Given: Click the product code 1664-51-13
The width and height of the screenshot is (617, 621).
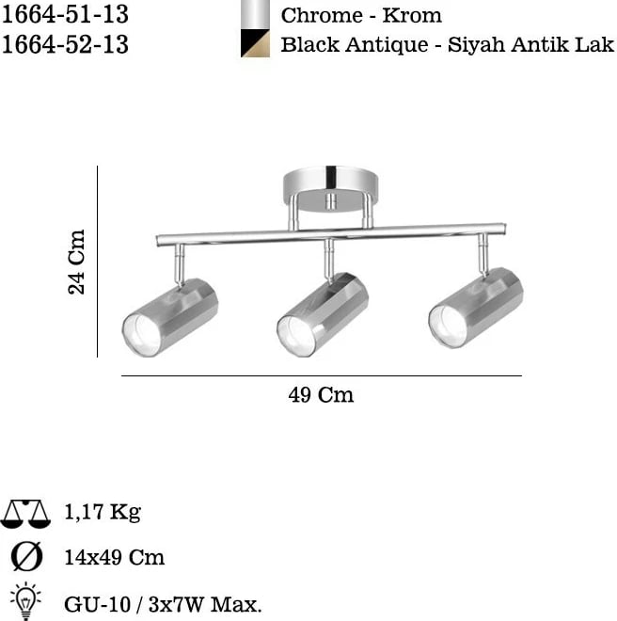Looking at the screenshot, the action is click(65, 15).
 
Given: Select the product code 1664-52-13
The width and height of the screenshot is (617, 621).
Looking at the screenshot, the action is click(65, 44).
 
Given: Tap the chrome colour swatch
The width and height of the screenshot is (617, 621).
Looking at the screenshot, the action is click(256, 14).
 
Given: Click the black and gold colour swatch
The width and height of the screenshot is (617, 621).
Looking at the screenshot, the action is click(256, 43).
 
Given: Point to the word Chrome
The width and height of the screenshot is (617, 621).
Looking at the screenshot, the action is click(322, 16).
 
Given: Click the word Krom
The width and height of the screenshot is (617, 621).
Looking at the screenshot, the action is click(412, 16).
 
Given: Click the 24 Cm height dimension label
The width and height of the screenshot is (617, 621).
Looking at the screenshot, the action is click(76, 262).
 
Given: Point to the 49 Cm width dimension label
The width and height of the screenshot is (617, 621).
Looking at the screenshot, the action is click(321, 395).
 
